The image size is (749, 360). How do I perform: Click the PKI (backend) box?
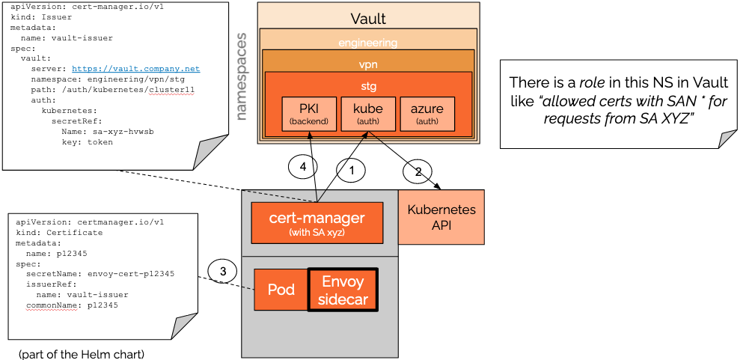(x=309, y=113)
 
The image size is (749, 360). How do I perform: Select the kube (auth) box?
(x=367, y=113)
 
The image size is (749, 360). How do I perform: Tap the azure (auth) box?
(x=427, y=113)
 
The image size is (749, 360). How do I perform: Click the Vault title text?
(x=368, y=19)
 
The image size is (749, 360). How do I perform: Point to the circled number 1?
(x=350, y=170)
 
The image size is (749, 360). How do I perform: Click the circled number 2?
(x=418, y=172)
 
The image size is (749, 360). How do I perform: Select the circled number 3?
(x=222, y=270)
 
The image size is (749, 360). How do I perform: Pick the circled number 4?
(x=303, y=168)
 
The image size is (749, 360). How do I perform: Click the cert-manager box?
(x=317, y=222)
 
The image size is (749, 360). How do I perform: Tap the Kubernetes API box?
(x=441, y=217)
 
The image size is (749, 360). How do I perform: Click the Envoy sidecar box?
(x=343, y=290)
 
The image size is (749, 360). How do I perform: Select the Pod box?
(x=282, y=290)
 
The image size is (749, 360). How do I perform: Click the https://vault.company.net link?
(x=136, y=68)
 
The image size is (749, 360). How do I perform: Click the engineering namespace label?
(x=367, y=43)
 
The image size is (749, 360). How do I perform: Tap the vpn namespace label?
(x=368, y=64)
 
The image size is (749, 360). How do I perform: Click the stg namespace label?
(x=368, y=86)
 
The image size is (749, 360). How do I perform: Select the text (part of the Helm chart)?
(x=82, y=353)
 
